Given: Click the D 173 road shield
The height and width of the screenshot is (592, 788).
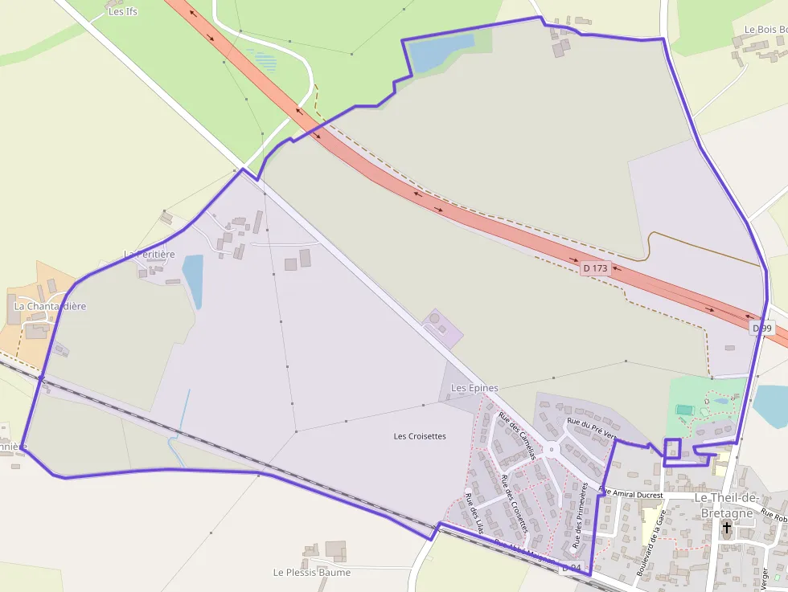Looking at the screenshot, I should (595, 268).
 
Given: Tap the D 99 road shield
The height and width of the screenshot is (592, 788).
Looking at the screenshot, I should (761, 329).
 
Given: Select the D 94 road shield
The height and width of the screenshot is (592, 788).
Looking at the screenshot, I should (571, 568).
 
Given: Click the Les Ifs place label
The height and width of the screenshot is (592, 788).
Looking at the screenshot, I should (122, 12).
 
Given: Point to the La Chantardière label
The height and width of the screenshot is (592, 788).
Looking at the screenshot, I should (50, 306).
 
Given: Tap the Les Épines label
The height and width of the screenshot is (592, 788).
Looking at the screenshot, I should (474, 388).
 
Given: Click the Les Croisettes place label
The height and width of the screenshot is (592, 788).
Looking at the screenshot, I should (420, 436).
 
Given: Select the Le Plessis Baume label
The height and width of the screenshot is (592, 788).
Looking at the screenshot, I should (312, 573).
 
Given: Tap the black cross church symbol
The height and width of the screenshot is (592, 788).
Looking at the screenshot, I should (727, 528).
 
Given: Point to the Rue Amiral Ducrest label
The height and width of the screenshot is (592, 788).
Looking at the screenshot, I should (631, 493).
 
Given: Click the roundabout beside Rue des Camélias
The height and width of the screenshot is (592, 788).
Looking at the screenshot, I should (552, 451).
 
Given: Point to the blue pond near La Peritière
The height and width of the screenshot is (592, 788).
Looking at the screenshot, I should (193, 280).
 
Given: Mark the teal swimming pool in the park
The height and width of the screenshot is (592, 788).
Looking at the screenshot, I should (683, 410).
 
